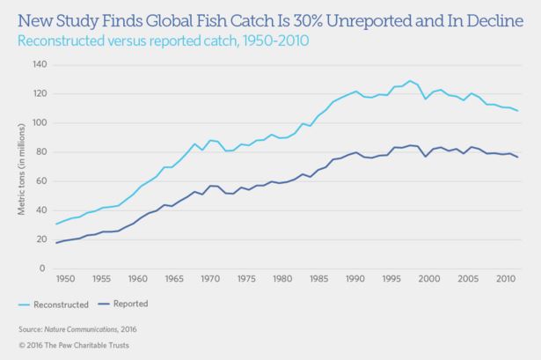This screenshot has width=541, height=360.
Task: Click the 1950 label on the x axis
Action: pyautogui.click(x=63, y=280)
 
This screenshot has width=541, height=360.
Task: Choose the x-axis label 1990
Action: pyautogui.click(x=355, y=280)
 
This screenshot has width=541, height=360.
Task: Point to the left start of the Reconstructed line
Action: pyautogui.click(x=56, y=224)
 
